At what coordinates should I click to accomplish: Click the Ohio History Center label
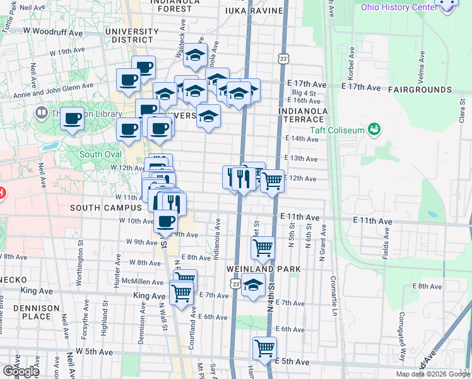click(x=398, y=7)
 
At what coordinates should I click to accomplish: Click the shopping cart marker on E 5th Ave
click(x=264, y=348)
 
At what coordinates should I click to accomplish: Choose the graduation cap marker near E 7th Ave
click(x=254, y=286)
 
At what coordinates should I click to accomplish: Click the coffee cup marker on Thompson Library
click(x=73, y=117)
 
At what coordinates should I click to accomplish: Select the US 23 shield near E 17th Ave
click(x=283, y=59)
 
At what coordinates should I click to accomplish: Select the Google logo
click(x=20, y=371)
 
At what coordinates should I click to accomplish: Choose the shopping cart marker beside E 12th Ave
click(x=272, y=181)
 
